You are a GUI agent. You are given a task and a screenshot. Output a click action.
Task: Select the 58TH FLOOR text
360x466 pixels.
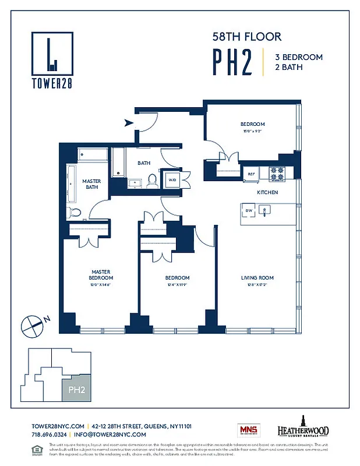(x=246, y=37)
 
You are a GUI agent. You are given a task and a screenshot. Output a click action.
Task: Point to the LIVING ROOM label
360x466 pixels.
(x=257, y=278)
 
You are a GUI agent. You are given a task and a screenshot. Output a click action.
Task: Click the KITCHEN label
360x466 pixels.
(x=267, y=192)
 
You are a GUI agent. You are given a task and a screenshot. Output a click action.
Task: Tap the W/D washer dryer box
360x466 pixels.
(x=172, y=180)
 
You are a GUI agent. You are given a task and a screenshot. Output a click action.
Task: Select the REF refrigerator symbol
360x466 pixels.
(x=252, y=174)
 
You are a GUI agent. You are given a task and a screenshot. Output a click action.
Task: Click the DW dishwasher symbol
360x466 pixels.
(x=249, y=210)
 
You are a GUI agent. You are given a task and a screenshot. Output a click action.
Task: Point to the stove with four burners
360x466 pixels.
(x=277, y=173)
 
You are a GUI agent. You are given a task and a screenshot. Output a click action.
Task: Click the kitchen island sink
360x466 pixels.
(x=265, y=210)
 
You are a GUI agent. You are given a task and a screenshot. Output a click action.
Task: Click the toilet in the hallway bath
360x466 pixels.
(x=153, y=181)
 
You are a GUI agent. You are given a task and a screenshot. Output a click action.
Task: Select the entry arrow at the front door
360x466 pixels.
(x=129, y=123)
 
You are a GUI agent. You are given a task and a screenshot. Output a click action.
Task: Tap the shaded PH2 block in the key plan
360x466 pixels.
(x=76, y=389)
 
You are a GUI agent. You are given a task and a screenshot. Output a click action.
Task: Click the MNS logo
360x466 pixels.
(x=248, y=431)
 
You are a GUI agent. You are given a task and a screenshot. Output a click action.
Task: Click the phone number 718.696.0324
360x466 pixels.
(x=49, y=435)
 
